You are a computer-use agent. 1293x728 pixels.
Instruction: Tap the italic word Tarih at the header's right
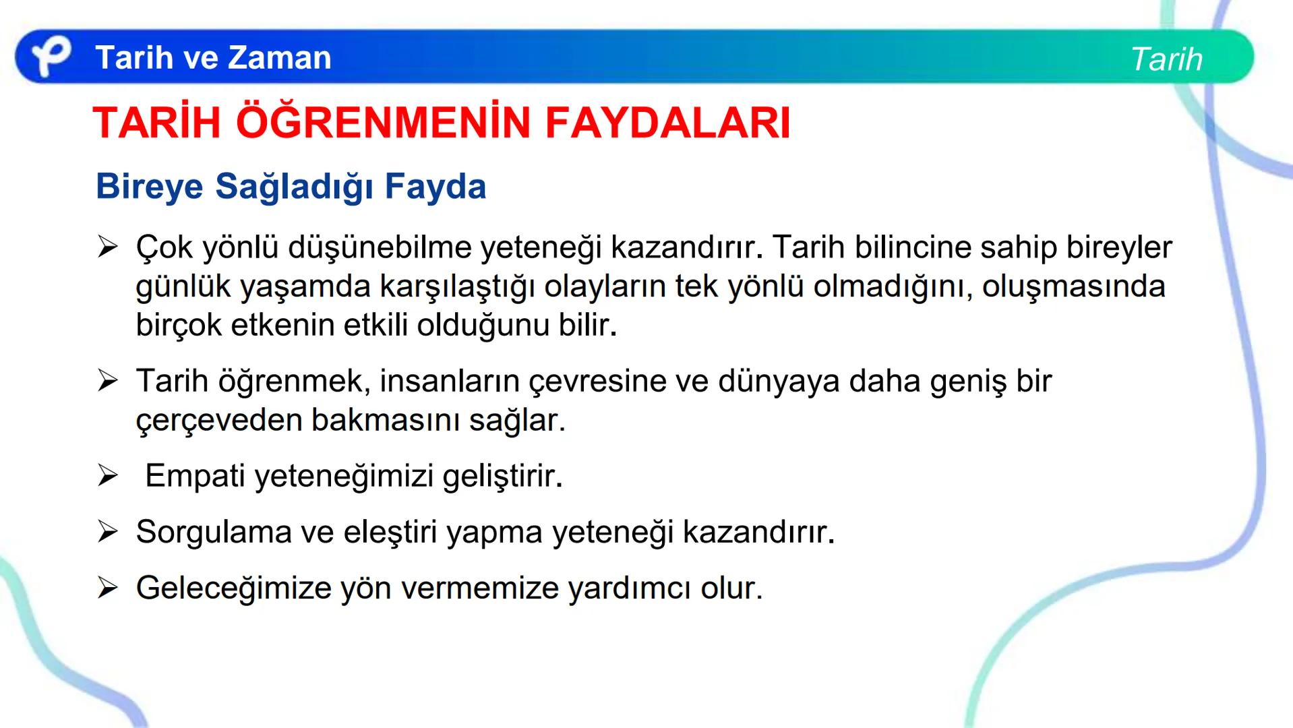tap(1166, 59)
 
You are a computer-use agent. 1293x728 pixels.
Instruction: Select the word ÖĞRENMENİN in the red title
tap(383, 123)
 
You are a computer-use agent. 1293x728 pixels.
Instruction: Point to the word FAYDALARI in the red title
tap(667, 123)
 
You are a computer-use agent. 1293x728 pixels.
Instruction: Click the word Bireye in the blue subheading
tap(149, 186)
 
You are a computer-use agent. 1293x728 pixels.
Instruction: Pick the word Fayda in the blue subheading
tap(435, 186)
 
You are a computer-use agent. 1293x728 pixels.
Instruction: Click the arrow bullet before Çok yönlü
tap(107, 247)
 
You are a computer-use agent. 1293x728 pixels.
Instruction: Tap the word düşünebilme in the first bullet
tap(380, 247)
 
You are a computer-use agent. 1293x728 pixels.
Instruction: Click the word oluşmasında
tap(1073, 286)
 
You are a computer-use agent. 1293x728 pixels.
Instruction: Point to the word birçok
tap(178, 325)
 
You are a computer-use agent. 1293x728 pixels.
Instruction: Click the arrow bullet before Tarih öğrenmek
tap(107, 382)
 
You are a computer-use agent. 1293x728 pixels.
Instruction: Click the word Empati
tap(195, 476)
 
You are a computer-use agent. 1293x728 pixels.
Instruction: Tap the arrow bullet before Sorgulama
tap(107, 532)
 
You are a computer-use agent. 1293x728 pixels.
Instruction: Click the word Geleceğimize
tap(233, 588)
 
